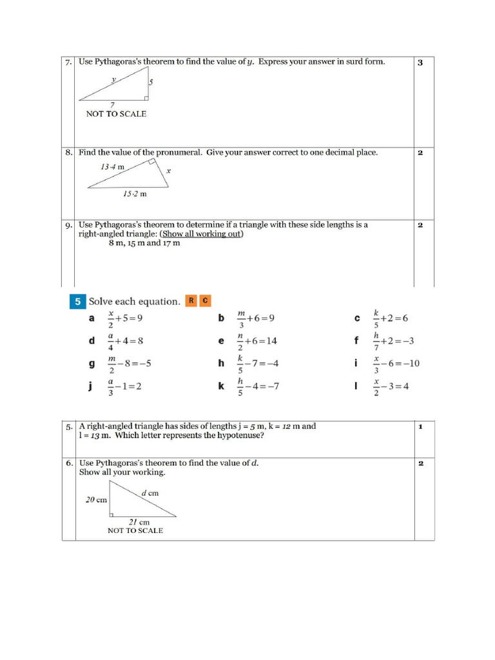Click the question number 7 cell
(68, 63)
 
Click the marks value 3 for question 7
(420, 63)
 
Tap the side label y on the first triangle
(113, 80)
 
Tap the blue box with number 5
(77, 301)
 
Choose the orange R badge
(191, 300)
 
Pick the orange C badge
(204, 300)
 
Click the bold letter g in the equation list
(92, 364)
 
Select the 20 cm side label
(96, 500)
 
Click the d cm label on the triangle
(150, 493)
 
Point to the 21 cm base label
(140, 521)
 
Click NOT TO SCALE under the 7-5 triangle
(116, 114)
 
